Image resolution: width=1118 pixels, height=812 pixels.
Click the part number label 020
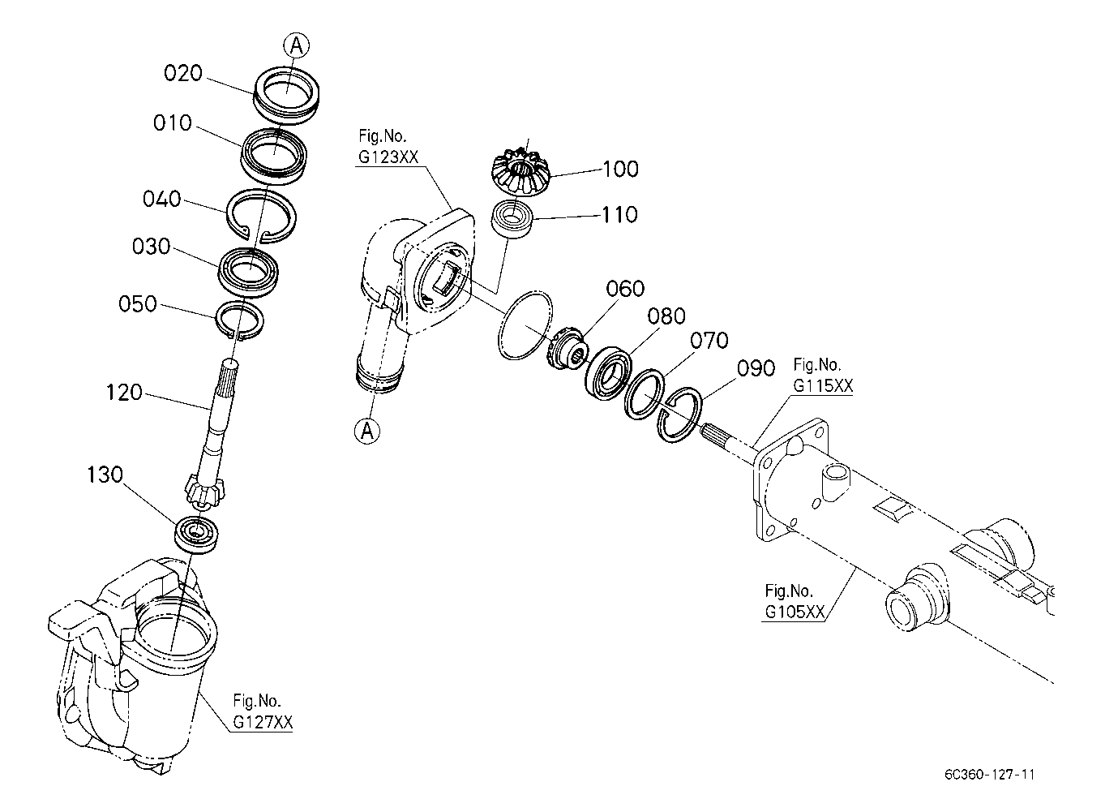183,73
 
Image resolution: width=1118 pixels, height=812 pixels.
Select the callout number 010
173,122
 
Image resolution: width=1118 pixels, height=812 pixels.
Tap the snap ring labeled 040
262,217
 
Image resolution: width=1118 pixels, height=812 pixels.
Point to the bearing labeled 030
248,273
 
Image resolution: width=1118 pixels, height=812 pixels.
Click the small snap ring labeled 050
239,321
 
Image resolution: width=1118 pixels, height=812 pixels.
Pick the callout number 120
124,393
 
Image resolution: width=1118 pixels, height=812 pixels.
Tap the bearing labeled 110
512,219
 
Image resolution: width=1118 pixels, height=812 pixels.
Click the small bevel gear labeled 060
568,347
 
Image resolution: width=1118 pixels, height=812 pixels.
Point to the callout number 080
666,316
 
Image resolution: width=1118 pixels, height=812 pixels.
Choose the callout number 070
709,341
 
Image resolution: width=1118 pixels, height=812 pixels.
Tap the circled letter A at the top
297,46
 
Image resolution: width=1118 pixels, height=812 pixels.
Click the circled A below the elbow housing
367,431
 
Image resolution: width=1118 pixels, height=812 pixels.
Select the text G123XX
388,157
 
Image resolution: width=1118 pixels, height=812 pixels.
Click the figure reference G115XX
823,386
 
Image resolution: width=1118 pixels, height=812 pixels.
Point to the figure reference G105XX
795,612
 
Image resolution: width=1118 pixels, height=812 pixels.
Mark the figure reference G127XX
263,722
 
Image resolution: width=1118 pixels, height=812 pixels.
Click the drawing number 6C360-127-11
989,775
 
